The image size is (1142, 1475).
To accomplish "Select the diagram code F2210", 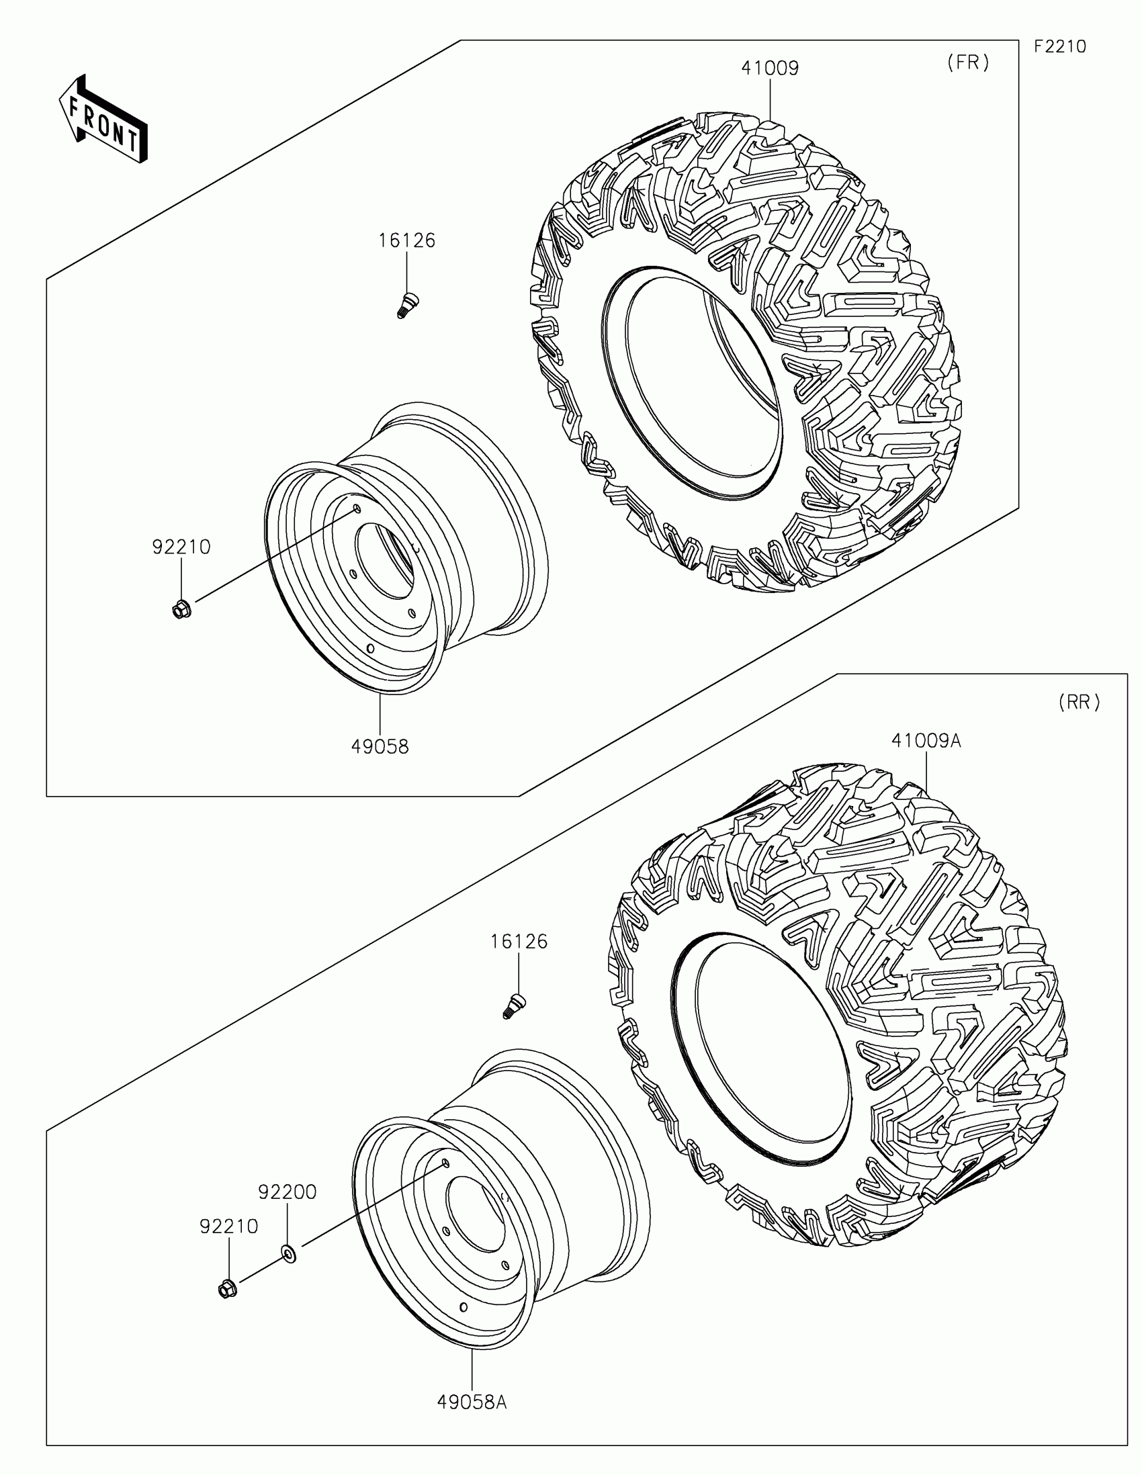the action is coord(1059,46).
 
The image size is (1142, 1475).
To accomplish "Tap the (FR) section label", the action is coord(968,63).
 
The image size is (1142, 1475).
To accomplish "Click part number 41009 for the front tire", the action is coord(770,69).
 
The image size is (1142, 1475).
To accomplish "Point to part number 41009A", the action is coord(926,741).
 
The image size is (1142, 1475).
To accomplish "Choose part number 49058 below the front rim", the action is coord(380,746).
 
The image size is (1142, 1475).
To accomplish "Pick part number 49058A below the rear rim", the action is coord(472,1397).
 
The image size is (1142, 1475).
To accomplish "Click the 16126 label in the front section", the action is coord(406,240).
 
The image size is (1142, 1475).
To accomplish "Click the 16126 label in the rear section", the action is coord(519,942).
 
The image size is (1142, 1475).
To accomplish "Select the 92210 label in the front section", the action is coord(181,547).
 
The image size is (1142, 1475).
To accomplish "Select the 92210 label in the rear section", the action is coord(229,1226).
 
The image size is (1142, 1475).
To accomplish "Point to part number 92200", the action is coord(288,1193).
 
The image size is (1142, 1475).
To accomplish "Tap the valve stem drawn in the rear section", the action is coord(515,1006).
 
